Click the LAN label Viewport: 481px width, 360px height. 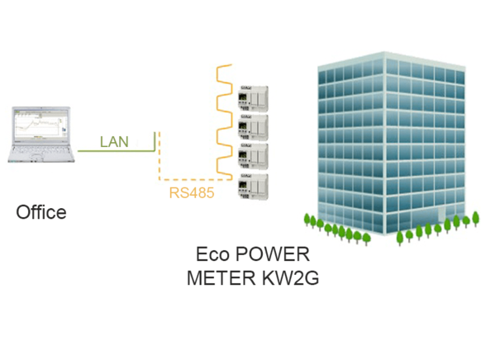[x=114, y=141]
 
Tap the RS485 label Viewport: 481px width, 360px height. [x=192, y=193]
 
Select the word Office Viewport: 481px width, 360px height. [x=41, y=212]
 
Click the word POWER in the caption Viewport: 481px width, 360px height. [x=272, y=254]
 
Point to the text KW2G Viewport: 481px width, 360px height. [x=291, y=277]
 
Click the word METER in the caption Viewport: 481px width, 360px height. [x=221, y=277]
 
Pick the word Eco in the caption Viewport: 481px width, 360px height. [x=212, y=254]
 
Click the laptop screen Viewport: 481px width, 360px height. [x=41, y=125]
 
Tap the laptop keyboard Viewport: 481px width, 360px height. [x=40, y=150]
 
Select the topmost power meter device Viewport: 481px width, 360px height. [x=253, y=98]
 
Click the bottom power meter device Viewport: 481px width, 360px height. [x=253, y=187]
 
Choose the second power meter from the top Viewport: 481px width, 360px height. [x=253, y=127]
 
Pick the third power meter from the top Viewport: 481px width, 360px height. [x=253, y=156]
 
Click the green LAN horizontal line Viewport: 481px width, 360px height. [x=116, y=151]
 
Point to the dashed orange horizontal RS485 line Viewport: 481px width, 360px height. [x=196, y=179]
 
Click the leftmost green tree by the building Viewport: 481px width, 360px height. [x=307, y=220]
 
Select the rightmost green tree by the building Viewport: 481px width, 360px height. [x=475, y=219]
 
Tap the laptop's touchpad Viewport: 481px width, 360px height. [x=37, y=158]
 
